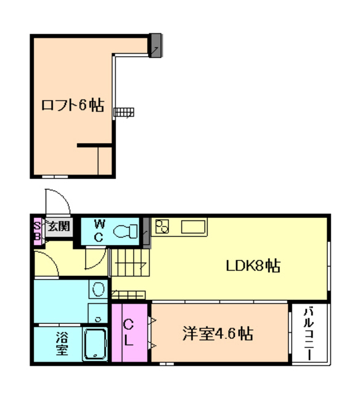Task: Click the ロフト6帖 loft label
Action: point(72,106)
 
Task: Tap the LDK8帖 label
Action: point(253,266)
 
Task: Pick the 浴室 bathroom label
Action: point(61,344)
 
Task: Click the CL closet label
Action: point(129,333)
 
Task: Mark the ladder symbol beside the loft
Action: point(123,112)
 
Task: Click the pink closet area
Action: point(129,333)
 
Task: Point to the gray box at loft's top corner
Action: point(155,44)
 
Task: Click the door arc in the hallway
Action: point(92,259)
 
